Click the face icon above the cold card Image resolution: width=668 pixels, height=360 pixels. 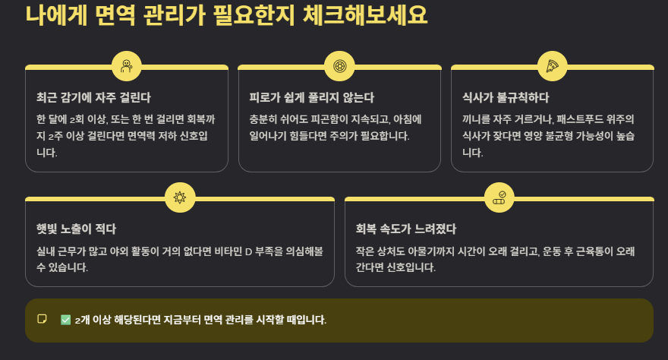point(127,67)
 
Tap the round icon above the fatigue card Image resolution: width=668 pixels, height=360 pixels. point(339,67)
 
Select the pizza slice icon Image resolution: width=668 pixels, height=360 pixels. point(552,67)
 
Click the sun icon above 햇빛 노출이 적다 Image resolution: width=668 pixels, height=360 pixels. point(180,197)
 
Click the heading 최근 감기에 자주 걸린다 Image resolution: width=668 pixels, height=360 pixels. point(93,98)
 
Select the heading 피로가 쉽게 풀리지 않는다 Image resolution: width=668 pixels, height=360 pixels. point(311,98)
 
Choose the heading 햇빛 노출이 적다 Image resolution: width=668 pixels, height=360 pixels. point(76,229)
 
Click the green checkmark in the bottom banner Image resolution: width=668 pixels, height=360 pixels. point(65,320)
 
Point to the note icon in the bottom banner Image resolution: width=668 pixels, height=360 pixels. point(43,319)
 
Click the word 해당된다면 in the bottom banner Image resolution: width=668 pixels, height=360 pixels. point(139,320)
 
